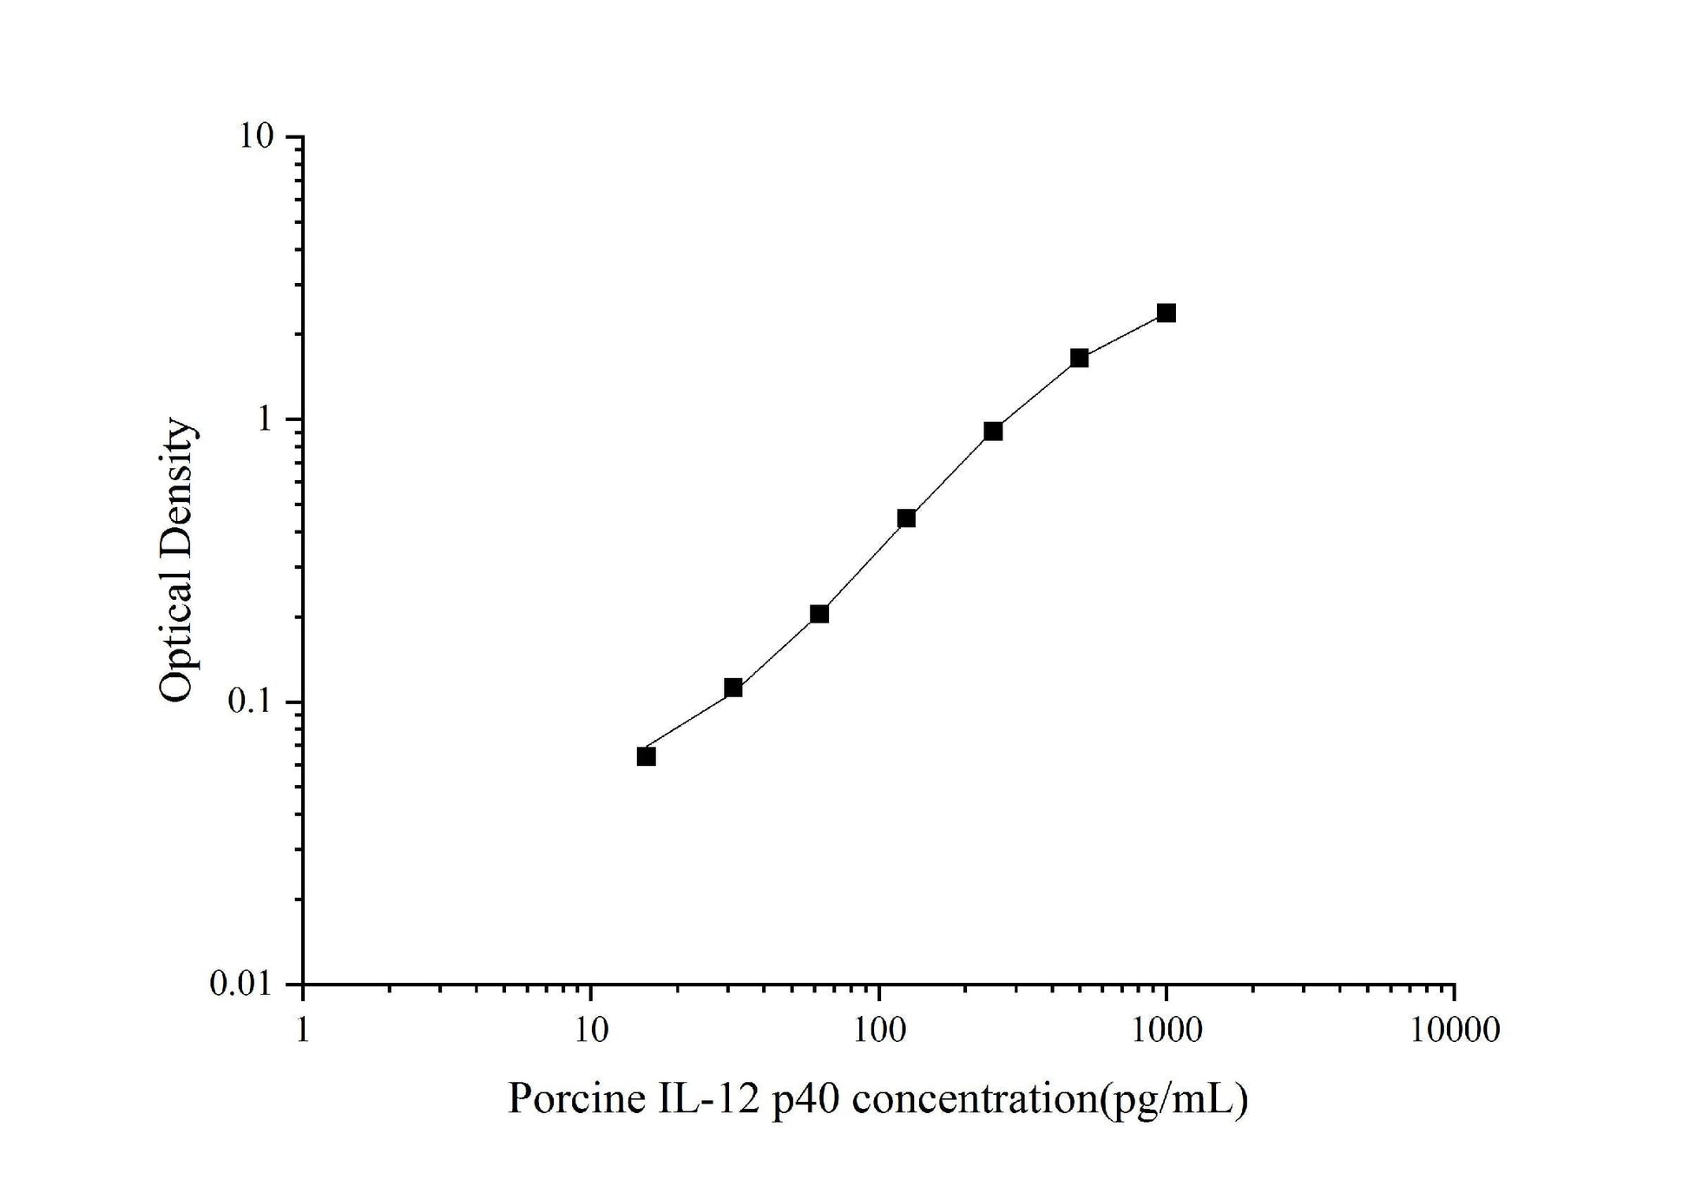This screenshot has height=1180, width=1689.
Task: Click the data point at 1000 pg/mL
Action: coord(1166,313)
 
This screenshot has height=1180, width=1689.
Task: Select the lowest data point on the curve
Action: coord(646,756)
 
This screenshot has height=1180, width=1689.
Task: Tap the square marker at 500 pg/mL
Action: coord(1079,358)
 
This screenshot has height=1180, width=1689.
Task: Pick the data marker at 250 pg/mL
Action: coord(993,432)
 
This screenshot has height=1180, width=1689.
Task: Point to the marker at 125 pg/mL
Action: coord(906,518)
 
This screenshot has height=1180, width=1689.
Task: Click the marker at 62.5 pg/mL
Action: coord(819,614)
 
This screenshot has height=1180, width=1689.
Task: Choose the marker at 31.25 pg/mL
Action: coord(733,688)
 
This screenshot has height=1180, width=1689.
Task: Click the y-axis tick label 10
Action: coord(257,137)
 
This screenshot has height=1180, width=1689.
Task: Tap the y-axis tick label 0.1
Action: coord(251,702)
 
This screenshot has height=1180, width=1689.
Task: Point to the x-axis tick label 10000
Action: coord(1454,1031)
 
